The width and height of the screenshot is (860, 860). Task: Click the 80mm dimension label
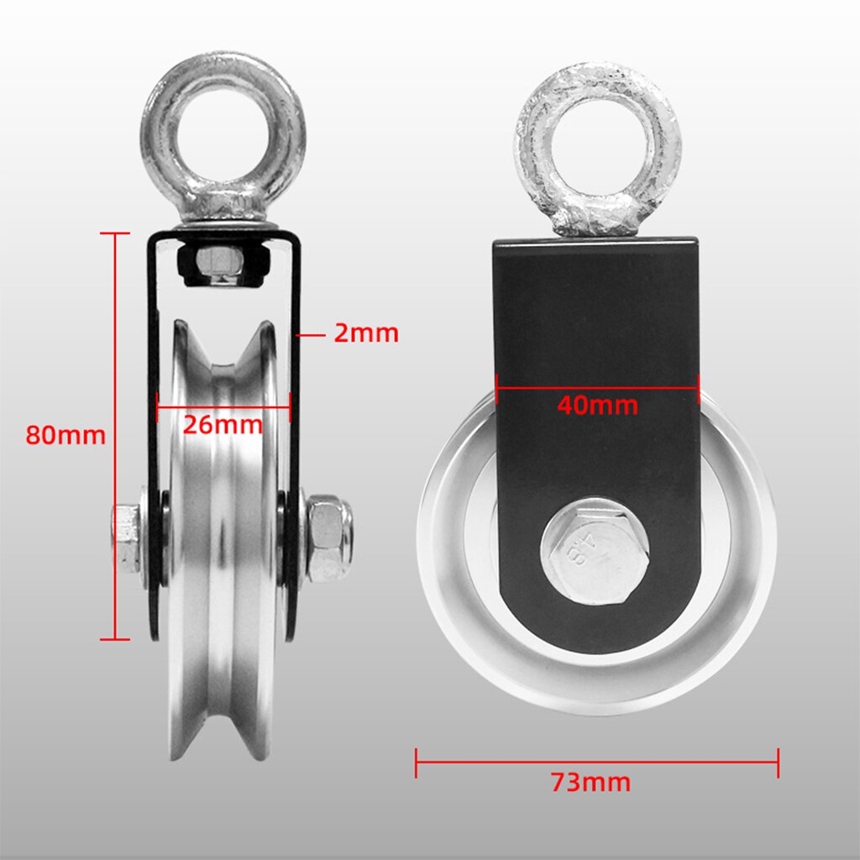tap(66, 436)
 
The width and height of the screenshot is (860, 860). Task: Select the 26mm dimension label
tap(223, 425)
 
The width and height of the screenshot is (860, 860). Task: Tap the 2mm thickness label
tap(366, 333)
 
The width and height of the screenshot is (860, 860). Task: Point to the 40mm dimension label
tap(597, 406)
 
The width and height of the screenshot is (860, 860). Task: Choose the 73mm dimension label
tap(590, 783)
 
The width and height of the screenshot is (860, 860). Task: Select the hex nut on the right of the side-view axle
tap(328, 538)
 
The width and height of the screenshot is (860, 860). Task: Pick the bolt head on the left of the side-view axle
tap(126, 537)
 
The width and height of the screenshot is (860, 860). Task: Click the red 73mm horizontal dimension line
tap(504, 763)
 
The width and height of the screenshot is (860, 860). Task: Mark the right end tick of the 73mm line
tap(779, 763)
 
